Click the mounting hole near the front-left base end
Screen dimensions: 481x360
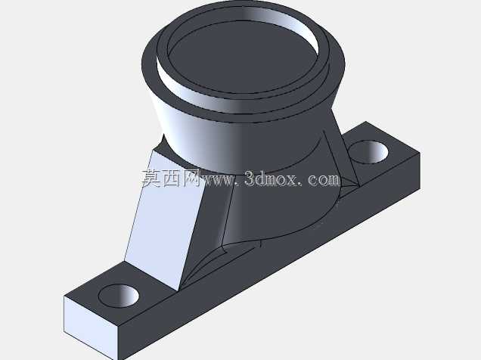119,296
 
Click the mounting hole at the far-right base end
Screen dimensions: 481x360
368,152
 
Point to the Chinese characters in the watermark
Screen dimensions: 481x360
171,178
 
